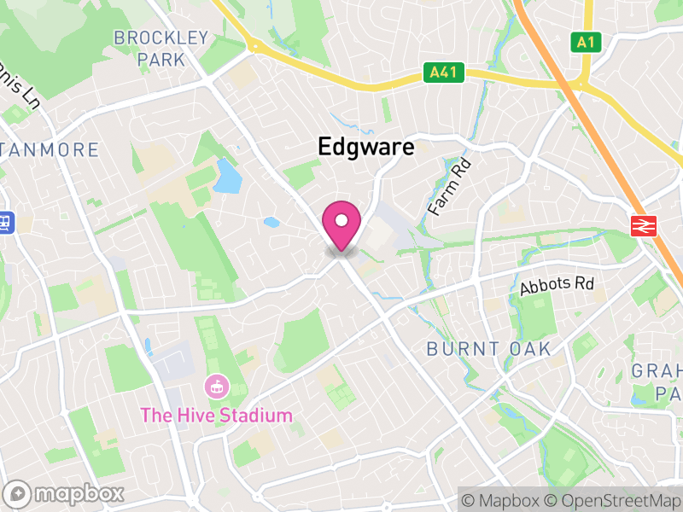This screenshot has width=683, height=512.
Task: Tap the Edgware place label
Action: pos(365,147)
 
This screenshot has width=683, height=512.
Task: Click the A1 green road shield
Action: pos(584,42)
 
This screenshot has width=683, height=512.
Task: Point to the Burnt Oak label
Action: pos(489,349)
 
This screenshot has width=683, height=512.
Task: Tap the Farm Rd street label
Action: pos(450,185)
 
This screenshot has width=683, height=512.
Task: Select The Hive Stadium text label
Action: pos(216,416)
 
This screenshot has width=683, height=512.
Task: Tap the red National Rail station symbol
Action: pos(643,225)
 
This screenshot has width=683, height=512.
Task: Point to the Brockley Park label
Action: pos(161,49)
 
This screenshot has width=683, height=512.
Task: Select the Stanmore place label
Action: pos(51,150)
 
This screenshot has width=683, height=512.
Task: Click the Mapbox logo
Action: pos(65,493)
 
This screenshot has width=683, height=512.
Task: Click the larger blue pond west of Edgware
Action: pos(227,177)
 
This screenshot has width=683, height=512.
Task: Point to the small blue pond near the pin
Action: pos(271,223)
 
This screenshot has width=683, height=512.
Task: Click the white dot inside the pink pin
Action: pos(341,221)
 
